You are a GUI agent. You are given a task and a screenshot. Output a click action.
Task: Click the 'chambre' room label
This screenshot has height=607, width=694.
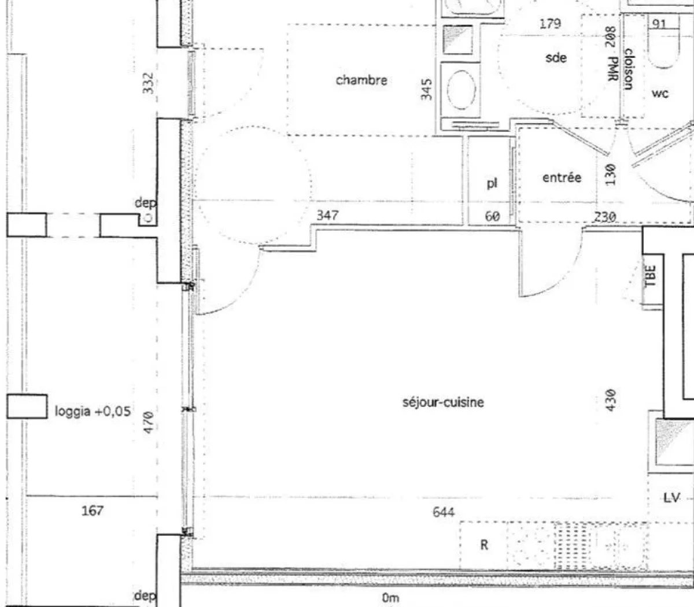point(361,80)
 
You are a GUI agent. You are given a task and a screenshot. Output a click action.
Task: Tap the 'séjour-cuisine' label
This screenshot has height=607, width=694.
point(443,402)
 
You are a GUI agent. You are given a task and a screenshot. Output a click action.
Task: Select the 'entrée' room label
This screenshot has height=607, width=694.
point(562,177)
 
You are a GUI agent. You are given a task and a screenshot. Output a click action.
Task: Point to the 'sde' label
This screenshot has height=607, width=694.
point(556,58)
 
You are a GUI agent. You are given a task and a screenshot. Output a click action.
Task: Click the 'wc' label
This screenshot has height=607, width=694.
point(660,93)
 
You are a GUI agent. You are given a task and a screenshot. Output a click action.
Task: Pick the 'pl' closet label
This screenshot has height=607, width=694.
point(492,183)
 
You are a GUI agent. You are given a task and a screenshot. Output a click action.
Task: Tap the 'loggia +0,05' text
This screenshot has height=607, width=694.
point(93,411)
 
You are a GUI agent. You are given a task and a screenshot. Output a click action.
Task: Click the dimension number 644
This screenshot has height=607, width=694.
point(444,512)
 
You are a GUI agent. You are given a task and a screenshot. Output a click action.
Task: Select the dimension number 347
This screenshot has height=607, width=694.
point(327,215)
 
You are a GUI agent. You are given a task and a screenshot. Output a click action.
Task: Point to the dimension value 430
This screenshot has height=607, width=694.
point(610,400)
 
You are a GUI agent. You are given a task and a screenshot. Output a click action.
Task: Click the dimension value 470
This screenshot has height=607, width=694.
point(148,422)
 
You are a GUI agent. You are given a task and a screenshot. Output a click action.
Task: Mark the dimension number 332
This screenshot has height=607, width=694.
point(148,83)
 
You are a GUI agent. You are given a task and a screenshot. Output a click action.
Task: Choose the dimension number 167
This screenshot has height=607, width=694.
point(93,510)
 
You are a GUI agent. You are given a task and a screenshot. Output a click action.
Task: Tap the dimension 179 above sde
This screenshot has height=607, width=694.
point(550,23)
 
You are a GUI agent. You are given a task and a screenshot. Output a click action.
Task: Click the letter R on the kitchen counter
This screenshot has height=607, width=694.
point(484,545)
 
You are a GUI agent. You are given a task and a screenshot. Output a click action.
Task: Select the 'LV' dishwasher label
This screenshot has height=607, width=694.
point(671,498)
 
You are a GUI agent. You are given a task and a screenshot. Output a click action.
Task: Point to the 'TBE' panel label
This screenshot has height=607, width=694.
point(649,276)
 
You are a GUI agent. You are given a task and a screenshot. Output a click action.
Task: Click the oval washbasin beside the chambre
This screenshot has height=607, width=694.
point(461,90)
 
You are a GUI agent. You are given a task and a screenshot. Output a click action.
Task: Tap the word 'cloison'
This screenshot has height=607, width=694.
point(628,69)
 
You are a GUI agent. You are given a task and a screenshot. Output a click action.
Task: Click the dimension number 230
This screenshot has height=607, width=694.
point(605,217)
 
